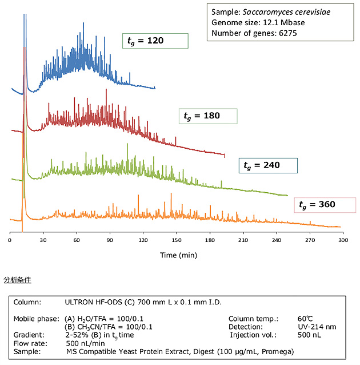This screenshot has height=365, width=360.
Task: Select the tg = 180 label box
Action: click(207, 116)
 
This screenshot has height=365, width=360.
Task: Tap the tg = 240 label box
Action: click(267, 166)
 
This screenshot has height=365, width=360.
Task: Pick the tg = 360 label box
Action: click(325, 204)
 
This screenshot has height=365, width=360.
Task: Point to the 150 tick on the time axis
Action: click(177, 240)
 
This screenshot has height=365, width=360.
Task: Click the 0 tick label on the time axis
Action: click(10, 240)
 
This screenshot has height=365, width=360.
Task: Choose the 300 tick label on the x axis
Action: click(343, 240)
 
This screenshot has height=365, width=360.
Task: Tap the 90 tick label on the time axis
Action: click(110, 240)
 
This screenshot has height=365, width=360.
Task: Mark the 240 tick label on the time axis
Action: click(276, 240)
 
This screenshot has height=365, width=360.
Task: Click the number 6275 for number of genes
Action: click(286, 33)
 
